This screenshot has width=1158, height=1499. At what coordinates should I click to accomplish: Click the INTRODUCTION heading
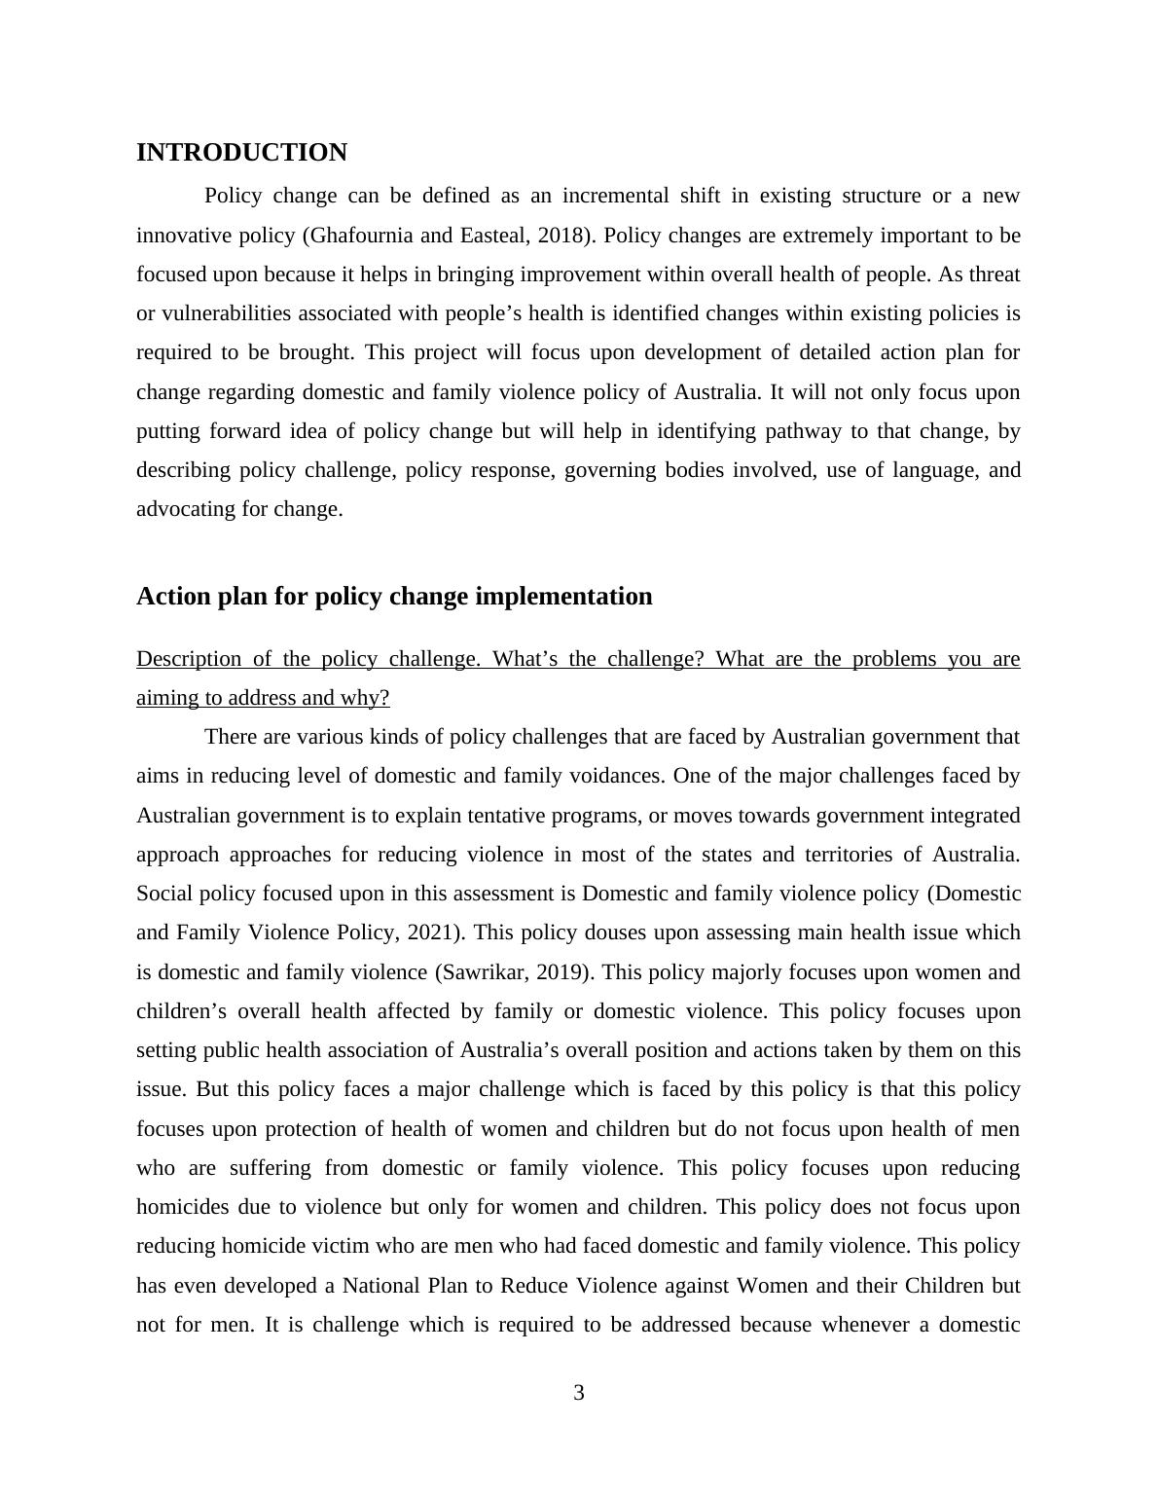241,153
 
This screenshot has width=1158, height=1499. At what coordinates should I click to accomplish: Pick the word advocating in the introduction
185,509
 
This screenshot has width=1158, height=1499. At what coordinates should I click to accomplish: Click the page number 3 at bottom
579,1393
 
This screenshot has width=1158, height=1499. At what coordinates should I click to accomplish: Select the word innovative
180,236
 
